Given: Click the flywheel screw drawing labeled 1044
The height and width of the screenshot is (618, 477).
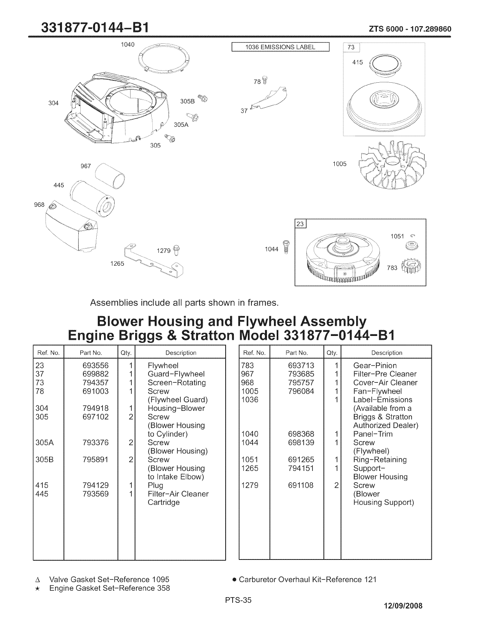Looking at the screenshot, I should tap(286, 249).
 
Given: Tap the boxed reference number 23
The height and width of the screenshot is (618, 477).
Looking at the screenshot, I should tap(300, 224).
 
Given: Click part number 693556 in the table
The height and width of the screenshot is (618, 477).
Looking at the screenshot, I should tap(95, 366).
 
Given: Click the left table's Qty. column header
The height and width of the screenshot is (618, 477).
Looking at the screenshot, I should tap(126, 353).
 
